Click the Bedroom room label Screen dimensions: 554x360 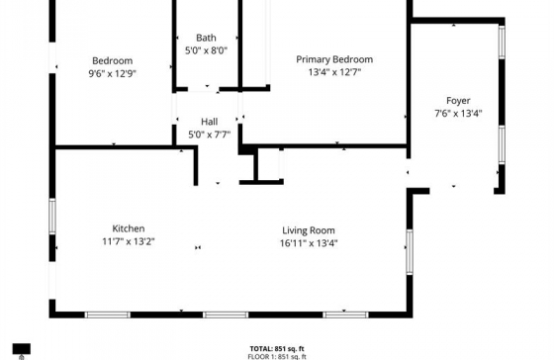113,60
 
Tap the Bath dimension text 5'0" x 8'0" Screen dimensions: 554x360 207,50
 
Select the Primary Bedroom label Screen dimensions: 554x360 334,59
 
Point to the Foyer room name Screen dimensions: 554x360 458,101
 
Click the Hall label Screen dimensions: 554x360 209,122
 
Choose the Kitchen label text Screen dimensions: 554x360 129,228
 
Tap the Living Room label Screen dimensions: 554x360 309,230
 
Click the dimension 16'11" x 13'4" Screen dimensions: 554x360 309,243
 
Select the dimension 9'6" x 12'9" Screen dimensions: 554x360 113,74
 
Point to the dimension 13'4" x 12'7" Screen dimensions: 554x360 334,72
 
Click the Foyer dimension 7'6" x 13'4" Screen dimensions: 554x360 458,114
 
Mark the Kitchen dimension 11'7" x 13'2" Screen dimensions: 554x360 129,241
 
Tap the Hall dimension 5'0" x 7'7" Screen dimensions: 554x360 209,135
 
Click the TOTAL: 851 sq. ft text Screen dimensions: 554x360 277,349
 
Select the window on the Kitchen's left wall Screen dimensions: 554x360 52,217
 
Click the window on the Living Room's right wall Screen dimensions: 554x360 410,252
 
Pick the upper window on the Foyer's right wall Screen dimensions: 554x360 502,42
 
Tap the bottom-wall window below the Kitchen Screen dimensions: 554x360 108,315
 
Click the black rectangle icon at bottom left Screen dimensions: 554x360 22,349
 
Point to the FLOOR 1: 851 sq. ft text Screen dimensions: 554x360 277,356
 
